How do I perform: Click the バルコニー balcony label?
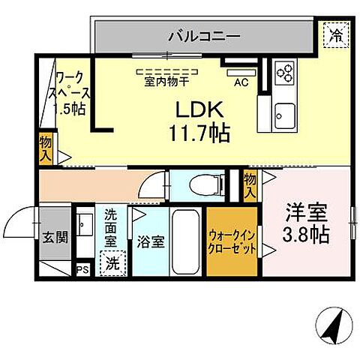click(203, 35)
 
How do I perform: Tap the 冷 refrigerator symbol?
click(334, 34)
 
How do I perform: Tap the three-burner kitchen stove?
click(286, 72)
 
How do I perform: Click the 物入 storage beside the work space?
click(46, 147)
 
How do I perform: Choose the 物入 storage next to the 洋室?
click(250, 185)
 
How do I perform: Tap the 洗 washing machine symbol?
click(112, 264)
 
